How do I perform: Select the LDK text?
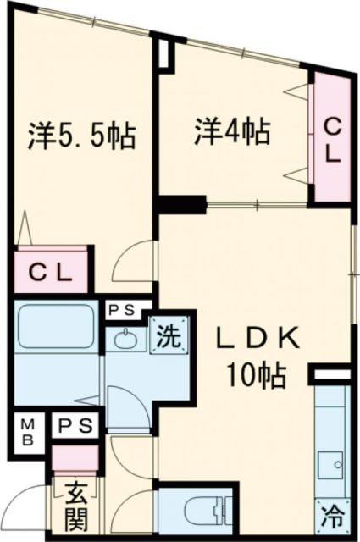(254, 339)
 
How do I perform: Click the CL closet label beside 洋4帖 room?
(333, 141)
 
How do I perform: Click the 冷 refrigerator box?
(333, 512)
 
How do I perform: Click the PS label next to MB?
(76, 424)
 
